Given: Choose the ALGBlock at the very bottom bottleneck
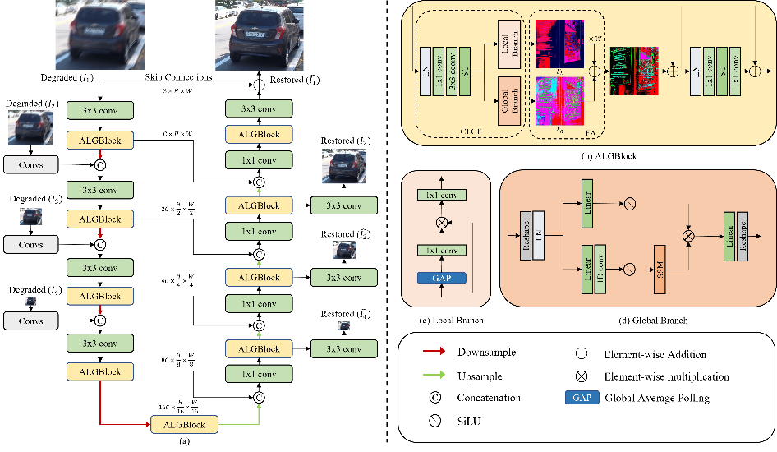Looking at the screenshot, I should [184, 424].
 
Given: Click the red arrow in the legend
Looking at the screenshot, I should [434, 351].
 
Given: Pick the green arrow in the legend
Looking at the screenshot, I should [434, 375].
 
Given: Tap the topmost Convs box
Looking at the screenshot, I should [30, 164].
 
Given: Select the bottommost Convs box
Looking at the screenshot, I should [30, 321].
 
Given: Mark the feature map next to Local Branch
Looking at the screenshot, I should [560, 44].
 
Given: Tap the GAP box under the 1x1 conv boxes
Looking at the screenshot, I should [441, 278].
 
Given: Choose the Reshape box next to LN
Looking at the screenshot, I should [526, 236].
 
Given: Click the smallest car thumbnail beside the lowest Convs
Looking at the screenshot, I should [30, 301].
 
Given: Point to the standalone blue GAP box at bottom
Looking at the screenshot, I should [582, 398].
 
